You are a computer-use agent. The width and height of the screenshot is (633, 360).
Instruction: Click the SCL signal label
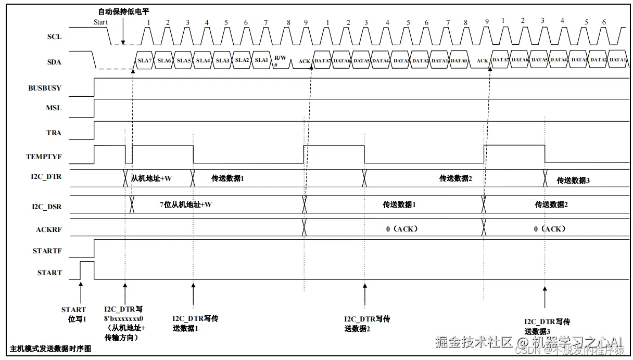[x=54, y=37]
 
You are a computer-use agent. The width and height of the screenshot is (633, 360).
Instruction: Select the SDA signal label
[x=54, y=62]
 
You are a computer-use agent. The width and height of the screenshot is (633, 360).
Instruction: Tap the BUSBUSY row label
[x=45, y=88]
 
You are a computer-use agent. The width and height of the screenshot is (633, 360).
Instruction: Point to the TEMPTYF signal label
[x=44, y=157]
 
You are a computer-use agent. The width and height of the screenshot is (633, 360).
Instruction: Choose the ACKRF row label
[x=49, y=228]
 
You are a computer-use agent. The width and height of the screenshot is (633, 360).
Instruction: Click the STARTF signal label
[x=47, y=251]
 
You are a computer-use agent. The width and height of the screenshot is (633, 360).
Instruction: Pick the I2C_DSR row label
[x=47, y=207]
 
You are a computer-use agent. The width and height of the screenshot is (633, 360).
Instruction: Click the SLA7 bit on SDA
[x=144, y=60]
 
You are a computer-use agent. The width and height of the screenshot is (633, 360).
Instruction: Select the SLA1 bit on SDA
[x=261, y=60]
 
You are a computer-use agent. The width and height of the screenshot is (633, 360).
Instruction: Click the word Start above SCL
[x=100, y=22]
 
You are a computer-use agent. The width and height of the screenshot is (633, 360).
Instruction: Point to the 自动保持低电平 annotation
[x=123, y=11]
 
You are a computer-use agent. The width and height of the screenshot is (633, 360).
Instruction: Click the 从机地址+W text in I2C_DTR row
[x=151, y=178]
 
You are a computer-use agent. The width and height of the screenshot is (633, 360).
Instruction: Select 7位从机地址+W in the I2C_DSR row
[x=185, y=204]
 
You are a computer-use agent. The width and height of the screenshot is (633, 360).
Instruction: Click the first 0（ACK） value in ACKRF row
[x=402, y=228]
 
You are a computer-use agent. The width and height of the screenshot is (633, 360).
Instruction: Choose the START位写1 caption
[x=73, y=314]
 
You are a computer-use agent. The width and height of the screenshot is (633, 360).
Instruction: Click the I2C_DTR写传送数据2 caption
[x=366, y=324]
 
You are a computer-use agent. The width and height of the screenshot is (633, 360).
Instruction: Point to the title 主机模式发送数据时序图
[x=50, y=349]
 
